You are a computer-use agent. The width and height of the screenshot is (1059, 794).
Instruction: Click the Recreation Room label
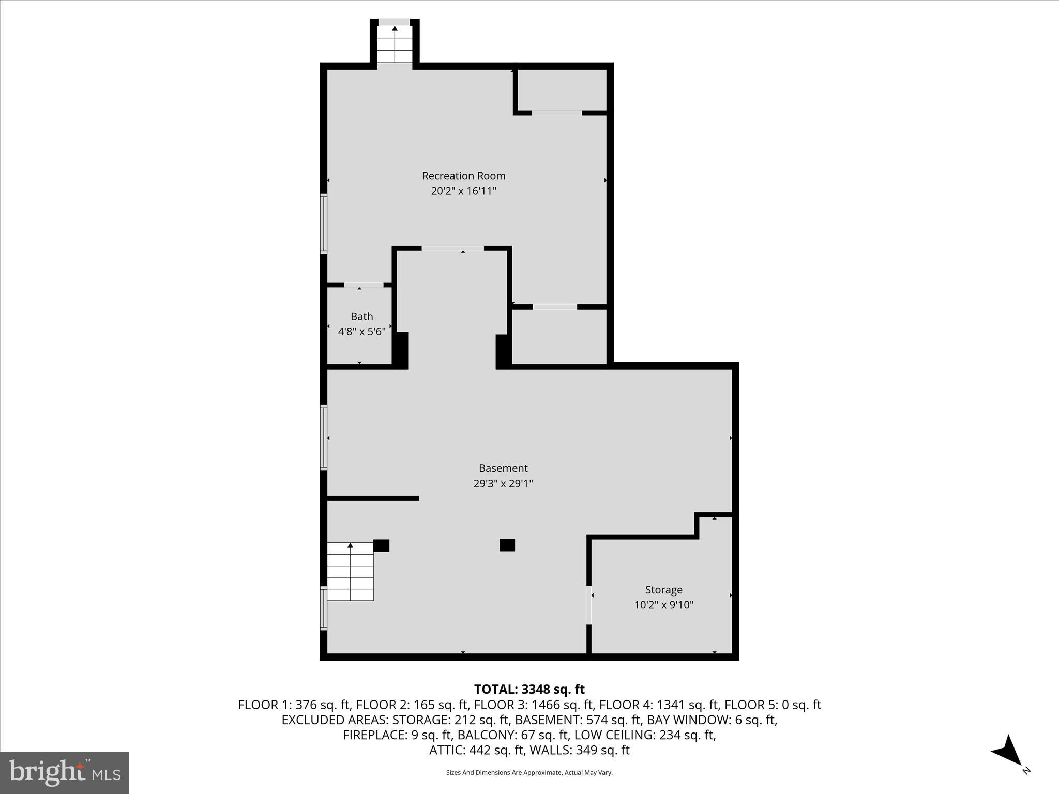click(463, 176)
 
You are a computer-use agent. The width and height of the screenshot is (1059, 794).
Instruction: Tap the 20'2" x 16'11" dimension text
click(463, 191)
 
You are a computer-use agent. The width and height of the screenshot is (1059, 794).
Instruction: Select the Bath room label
click(361, 316)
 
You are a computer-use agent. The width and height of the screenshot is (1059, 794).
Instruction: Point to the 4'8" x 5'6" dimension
click(361, 331)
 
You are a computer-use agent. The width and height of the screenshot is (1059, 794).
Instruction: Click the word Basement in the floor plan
click(503, 468)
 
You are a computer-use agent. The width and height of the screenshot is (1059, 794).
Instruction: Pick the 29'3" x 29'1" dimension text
click(503, 484)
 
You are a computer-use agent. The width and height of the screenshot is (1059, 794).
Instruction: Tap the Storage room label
click(663, 590)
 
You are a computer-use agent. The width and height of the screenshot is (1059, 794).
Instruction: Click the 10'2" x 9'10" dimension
click(663, 605)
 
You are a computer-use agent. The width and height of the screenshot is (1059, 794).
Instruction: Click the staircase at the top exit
click(395, 44)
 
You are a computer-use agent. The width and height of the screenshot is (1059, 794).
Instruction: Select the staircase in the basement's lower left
click(350, 571)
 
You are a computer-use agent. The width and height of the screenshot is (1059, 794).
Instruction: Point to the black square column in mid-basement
click(507, 545)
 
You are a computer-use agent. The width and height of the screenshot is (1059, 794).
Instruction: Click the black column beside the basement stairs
click(381, 545)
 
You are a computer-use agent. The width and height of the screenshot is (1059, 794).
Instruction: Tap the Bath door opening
click(364, 285)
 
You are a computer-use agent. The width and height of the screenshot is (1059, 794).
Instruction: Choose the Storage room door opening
click(589, 605)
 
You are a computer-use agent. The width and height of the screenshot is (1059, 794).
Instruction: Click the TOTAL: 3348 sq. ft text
click(529, 689)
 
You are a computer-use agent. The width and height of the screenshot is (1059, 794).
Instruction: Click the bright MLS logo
click(65, 773)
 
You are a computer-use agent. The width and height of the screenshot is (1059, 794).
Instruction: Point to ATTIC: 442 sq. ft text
click(477, 750)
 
